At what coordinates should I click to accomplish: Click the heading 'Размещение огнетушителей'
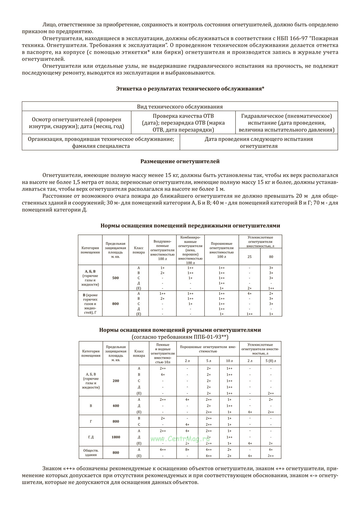tap(180, 161)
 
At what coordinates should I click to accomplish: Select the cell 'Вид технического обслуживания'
tap(180, 107)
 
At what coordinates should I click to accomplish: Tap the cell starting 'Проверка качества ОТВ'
tap(183, 123)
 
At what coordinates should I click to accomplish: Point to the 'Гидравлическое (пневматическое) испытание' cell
tap(286, 123)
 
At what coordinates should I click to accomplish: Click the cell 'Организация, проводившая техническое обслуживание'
tap(101, 142)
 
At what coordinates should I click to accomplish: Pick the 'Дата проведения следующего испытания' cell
tap(259, 142)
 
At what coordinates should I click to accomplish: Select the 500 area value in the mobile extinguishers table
tap(115, 278)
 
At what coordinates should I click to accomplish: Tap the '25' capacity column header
tap(250, 257)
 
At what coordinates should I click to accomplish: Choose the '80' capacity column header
tap(271, 257)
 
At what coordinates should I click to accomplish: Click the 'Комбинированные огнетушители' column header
tap(190, 250)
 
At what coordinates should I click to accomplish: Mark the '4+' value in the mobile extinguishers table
tap(250, 294)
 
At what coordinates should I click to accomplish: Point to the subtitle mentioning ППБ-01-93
tap(180, 337)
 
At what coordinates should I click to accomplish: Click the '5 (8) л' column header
tap(271, 361)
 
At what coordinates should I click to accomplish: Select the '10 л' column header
tap(229, 361)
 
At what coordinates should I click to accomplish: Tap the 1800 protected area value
tap(116, 437)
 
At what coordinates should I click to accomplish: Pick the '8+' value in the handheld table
tap(187, 450)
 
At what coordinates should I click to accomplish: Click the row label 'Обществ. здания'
tap(91, 453)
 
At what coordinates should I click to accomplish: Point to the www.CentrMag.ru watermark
tap(180, 439)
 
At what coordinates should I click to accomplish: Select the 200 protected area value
tap(116, 381)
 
